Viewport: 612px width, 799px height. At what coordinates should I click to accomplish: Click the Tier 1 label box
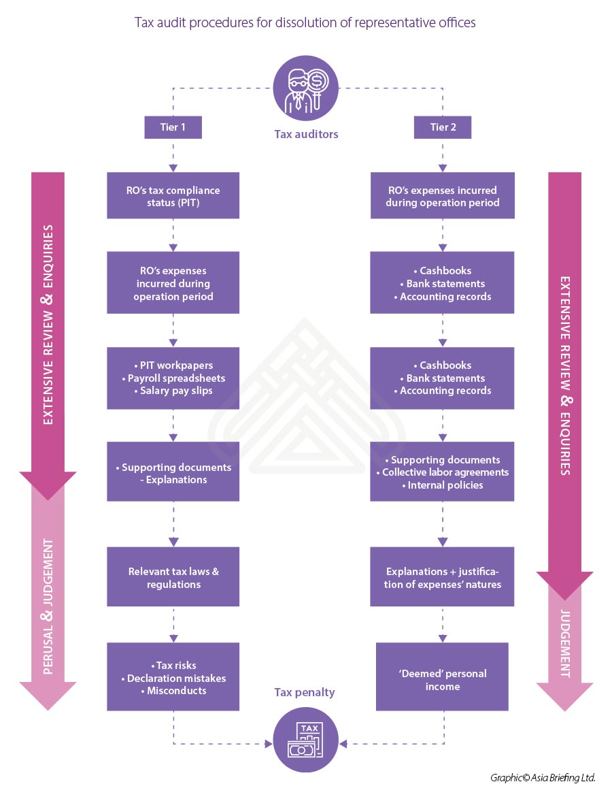[173, 127]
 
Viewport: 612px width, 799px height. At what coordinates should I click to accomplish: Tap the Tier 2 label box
[443, 127]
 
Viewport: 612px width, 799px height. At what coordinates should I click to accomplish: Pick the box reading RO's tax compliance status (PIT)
[173, 196]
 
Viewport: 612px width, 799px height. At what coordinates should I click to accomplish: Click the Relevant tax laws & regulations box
[173, 578]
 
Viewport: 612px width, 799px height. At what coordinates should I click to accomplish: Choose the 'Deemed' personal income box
[442, 679]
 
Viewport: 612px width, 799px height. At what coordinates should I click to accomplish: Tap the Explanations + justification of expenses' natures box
[442, 578]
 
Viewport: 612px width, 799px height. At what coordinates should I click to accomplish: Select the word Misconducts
[176, 691]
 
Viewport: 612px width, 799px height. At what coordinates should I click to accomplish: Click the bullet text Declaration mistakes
[176, 678]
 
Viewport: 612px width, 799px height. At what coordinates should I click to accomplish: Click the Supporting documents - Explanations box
[173, 474]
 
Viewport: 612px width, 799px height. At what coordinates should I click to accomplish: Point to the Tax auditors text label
[306, 135]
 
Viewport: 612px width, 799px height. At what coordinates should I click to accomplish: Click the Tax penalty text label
[305, 693]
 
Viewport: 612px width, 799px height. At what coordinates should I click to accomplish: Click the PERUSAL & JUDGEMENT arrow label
[48, 598]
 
